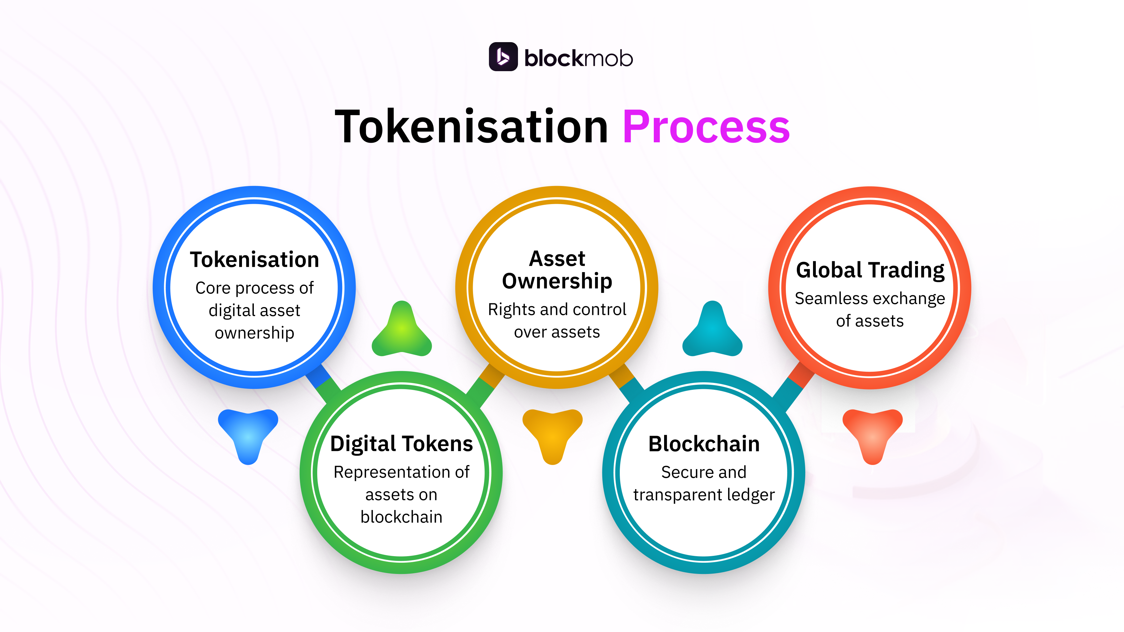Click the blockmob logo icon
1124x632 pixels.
pyautogui.click(x=503, y=57)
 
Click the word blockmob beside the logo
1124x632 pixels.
pyautogui.click(x=578, y=58)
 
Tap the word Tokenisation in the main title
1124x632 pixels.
pyautogui.click(x=471, y=126)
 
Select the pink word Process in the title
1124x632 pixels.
pyautogui.click(x=706, y=126)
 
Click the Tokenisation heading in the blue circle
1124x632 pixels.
pyautogui.click(x=254, y=260)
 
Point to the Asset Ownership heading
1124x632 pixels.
pyautogui.click(x=557, y=270)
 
